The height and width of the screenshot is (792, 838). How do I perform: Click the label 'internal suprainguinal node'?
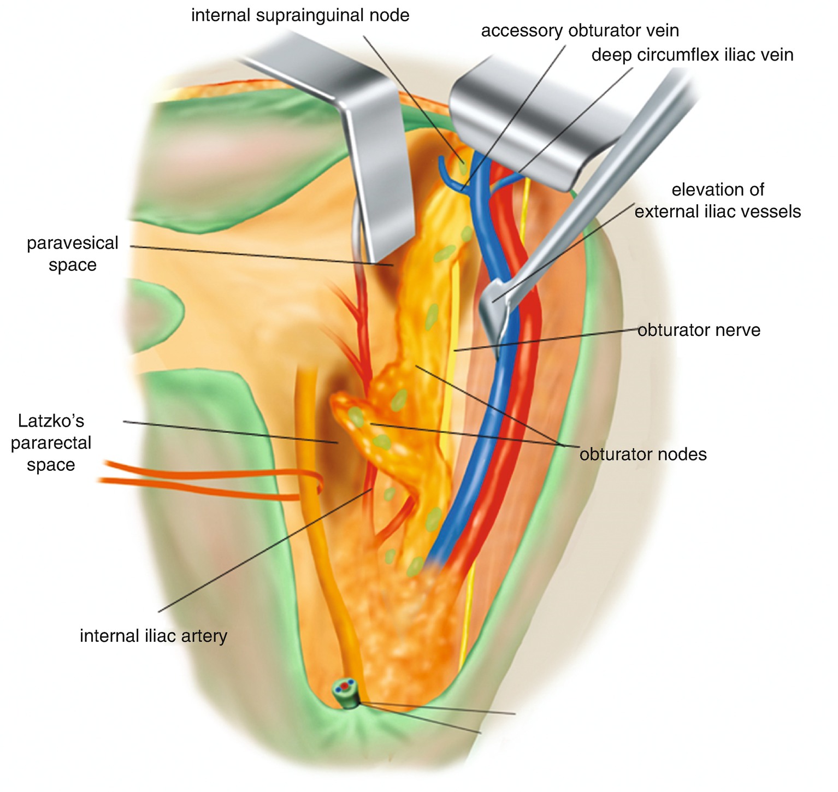(300, 15)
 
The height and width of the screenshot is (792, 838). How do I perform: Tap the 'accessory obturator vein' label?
(580, 31)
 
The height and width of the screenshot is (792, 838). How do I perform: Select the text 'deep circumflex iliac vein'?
(692, 55)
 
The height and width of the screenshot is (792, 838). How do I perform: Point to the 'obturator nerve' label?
(699, 330)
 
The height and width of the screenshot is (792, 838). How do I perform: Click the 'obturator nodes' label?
(643, 454)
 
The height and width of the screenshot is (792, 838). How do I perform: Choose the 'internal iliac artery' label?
(153, 636)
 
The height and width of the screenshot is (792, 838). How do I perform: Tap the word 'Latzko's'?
(51, 421)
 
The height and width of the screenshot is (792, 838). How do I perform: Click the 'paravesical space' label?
(72, 253)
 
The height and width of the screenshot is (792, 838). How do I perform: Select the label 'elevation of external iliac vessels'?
(717, 200)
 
